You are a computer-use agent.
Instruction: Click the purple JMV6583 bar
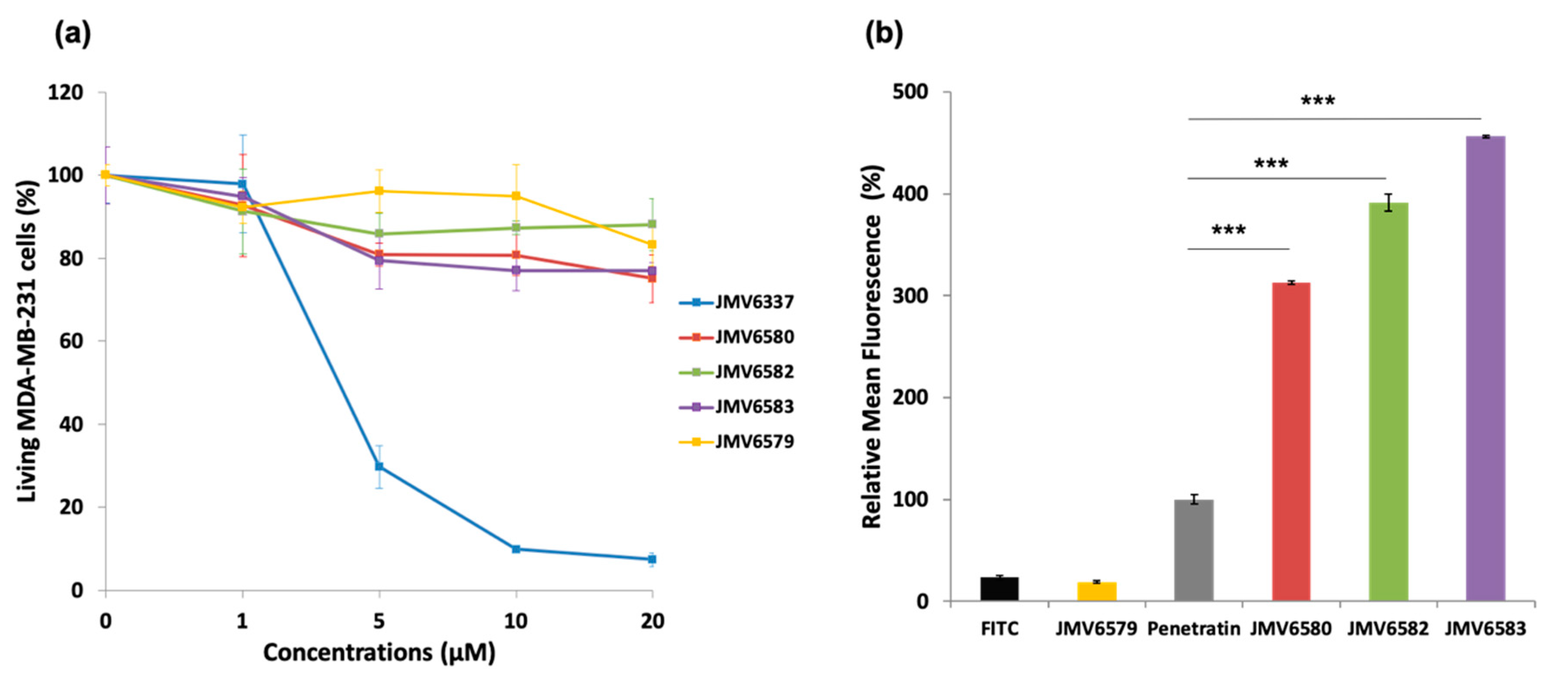click(x=1485, y=368)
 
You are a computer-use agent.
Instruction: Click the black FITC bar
click(x=999, y=589)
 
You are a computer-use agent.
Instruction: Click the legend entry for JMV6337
click(x=736, y=302)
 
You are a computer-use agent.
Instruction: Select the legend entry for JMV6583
click(x=736, y=407)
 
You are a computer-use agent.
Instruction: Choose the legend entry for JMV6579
click(x=736, y=442)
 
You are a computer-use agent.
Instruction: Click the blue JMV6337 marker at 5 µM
click(x=379, y=466)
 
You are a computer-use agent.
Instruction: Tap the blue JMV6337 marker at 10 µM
click(x=516, y=549)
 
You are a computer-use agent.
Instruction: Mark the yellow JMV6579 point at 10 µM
click(x=516, y=196)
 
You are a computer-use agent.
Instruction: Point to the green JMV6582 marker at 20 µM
click(x=652, y=224)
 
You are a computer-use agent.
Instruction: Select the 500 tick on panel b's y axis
click(x=911, y=92)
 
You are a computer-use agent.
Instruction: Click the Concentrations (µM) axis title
click(x=379, y=652)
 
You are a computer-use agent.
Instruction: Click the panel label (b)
click(x=883, y=34)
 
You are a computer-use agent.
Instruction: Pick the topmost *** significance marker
click(x=1318, y=101)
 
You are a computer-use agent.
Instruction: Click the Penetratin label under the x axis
click(x=1194, y=629)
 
